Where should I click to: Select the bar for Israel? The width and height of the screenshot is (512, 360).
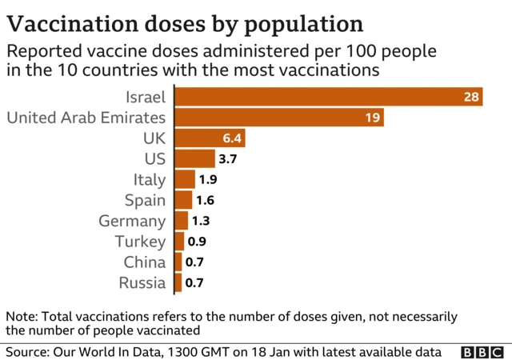click(x=328, y=97)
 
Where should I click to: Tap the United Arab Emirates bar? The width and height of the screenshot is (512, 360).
click(x=278, y=118)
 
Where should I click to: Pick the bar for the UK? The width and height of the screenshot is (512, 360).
click(x=209, y=138)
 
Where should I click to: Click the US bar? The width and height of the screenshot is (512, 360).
click(x=194, y=158)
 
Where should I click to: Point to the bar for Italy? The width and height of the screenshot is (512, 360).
click(x=185, y=179)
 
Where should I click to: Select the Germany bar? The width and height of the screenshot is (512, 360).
click(x=181, y=221)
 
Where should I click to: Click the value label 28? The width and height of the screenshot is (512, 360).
click(x=470, y=97)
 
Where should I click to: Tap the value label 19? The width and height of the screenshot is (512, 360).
click(x=372, y=118)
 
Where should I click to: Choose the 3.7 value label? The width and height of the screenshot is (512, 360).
click(x=228, y=159)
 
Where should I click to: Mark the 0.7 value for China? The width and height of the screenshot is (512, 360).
click(x=194, y=262)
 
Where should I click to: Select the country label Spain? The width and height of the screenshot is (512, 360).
click(x=145, y=200)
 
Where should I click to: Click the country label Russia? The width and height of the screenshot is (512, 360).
click(x=142, y=282)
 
